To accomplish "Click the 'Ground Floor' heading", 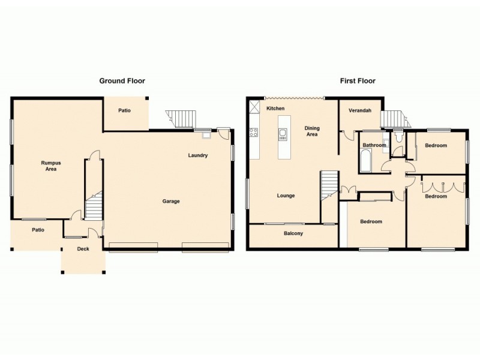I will tap(122, 80).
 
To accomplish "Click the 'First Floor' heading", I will tap(358, 80).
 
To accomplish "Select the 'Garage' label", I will tap(171, 201).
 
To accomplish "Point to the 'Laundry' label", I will tap(197, 155).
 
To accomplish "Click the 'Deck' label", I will tap(83, 248).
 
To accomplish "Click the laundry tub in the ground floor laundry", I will tap(206, 135).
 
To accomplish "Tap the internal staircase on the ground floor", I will tap(94, 207).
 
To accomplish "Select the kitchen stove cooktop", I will tap(254, 133).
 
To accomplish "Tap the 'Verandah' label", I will tap(360, 110).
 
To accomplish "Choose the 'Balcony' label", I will tap(293, 233).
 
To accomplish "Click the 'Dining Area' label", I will tap(312, 131).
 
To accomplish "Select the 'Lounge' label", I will tap(286, 196).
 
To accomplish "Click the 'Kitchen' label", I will tap(275, 108).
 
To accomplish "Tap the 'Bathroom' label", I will tap(374, 145).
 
